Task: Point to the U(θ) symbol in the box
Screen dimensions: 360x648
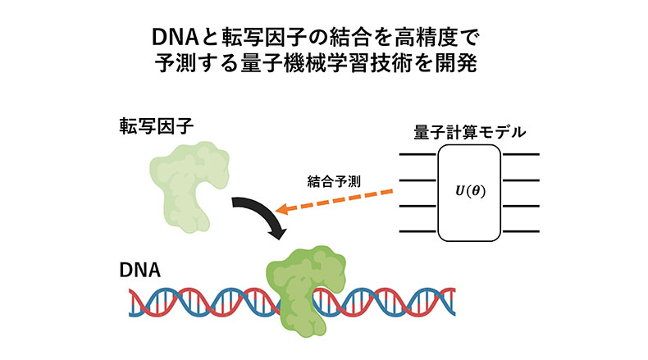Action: (x=470, y=191)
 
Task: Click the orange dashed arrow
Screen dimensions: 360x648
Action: (x=345, y=201)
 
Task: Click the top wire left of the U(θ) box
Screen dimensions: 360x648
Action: (x=418, y=154)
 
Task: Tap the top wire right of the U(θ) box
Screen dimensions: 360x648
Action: (x=521, y=154)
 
